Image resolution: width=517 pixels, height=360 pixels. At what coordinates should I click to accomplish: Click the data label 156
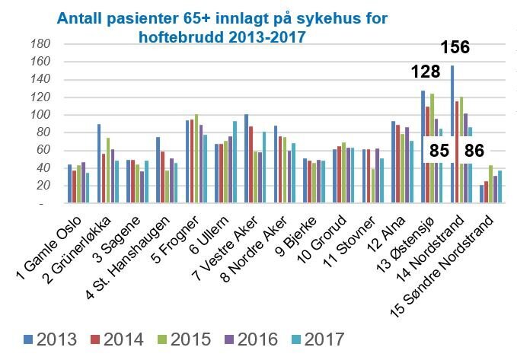pyautogui.click(x=455, y=49)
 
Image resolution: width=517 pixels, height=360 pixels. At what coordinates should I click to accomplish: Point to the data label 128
pyautogui.click(x=426, y=73)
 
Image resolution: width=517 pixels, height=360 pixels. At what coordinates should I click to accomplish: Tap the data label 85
pyautogui.click(x=439, y=149)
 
